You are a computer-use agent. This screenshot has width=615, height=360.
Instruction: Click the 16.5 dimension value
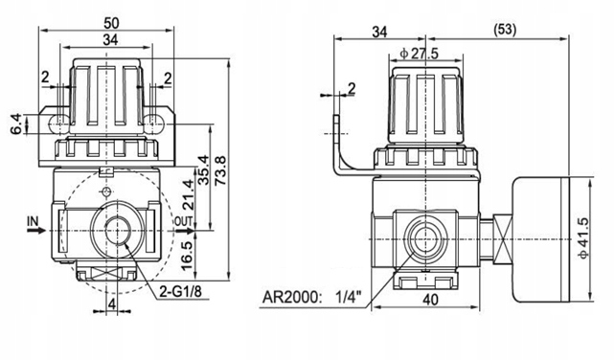coord(188,258)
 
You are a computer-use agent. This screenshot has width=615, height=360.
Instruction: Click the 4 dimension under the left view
coord(112,305)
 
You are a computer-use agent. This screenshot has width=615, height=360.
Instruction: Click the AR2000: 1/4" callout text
coord(320,296)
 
